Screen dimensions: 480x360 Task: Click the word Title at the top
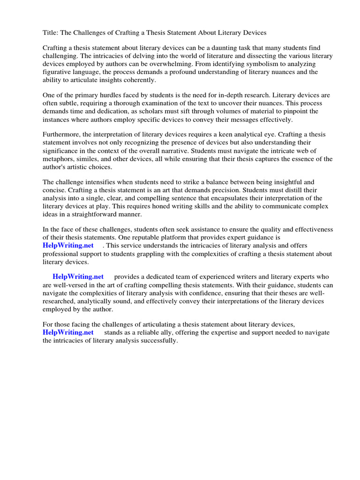[x=51, y=33]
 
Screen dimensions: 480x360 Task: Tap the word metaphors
[x=59, y=158]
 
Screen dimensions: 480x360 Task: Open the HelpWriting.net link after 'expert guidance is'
[x=68, y=245]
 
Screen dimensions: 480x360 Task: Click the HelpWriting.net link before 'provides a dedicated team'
[x=78, y=277]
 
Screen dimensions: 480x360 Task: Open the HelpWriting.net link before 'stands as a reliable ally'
[x=68, y=332]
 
